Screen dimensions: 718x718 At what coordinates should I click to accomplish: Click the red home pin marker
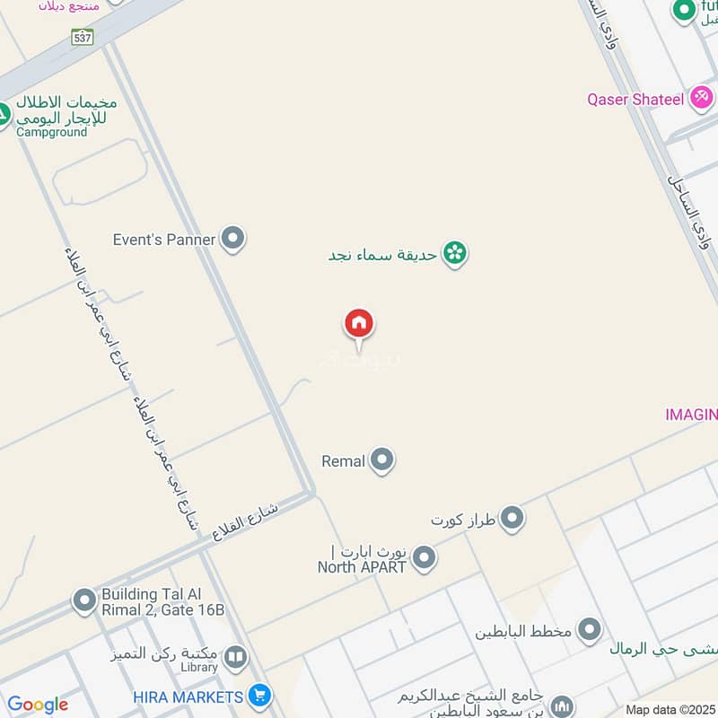click(359, 324)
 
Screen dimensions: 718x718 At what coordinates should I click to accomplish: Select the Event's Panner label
click(164, 240)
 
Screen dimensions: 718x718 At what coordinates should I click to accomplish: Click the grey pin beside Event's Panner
click(233, 239)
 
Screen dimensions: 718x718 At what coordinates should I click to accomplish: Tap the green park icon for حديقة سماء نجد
click(456, 254)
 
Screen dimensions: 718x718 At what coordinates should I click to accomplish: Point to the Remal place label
click(343, 461)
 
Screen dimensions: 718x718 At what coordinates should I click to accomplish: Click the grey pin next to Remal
click(383, 460)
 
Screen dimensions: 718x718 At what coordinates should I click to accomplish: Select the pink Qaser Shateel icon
click(702, 98)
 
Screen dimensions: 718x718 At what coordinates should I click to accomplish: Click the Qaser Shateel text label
click(635, 99)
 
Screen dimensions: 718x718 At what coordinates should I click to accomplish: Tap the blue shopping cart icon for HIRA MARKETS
click(259, 696)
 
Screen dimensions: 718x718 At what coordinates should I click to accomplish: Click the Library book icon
click(235, 659)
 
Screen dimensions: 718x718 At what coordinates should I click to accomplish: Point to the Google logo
click(38, 705)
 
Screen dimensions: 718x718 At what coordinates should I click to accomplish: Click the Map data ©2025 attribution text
click(670, 710)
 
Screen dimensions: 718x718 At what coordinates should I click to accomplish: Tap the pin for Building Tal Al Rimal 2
click(84, 600)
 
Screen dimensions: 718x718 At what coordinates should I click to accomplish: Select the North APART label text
click(362, 566)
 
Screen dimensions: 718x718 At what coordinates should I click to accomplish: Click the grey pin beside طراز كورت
click(512, 519)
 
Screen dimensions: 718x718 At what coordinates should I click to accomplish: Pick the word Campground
click(51, 132)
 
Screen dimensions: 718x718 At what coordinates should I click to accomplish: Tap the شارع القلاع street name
click(246, 521)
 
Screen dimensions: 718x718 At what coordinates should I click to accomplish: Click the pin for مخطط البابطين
click(590, 630)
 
